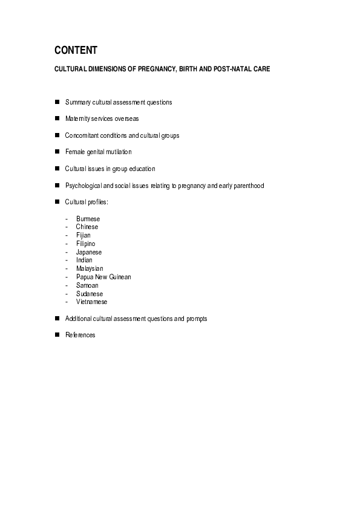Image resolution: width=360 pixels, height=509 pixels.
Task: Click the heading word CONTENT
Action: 76,50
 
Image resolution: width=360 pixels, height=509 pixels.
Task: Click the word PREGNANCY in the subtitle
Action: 159,70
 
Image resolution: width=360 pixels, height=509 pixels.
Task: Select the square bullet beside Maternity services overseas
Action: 57,118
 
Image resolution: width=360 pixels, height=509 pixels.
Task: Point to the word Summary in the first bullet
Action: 78,102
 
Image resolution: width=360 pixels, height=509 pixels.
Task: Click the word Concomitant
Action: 83,135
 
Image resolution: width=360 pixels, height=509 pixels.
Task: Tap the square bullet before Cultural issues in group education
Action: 57,169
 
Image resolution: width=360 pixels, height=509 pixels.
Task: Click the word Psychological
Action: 85,186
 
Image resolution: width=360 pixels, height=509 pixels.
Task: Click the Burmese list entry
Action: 88,219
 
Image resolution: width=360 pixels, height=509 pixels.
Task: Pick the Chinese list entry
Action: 87,227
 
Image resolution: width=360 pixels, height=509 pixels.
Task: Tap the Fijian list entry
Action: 83,235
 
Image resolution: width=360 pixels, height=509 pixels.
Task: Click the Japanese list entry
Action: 89,252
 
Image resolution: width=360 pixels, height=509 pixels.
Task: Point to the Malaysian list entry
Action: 90,268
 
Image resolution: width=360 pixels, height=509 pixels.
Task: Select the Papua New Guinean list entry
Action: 103,277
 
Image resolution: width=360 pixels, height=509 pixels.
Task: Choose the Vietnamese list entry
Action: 91,302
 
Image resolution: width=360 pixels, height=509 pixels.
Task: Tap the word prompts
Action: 197,319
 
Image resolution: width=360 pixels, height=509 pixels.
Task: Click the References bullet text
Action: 80,335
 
